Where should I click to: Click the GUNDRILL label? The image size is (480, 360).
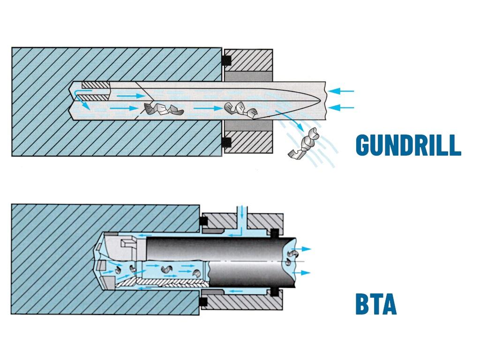point(408,145)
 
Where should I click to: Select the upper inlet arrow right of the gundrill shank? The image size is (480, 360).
point(341,90)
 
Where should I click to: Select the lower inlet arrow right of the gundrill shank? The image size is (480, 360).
point(341,108)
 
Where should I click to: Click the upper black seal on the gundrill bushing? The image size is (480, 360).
point(227,60)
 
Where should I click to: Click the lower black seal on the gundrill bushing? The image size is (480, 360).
point(227,141)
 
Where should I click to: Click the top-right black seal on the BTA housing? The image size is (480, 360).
point(274,232)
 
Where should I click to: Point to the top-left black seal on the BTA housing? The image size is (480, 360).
point(203,220)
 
